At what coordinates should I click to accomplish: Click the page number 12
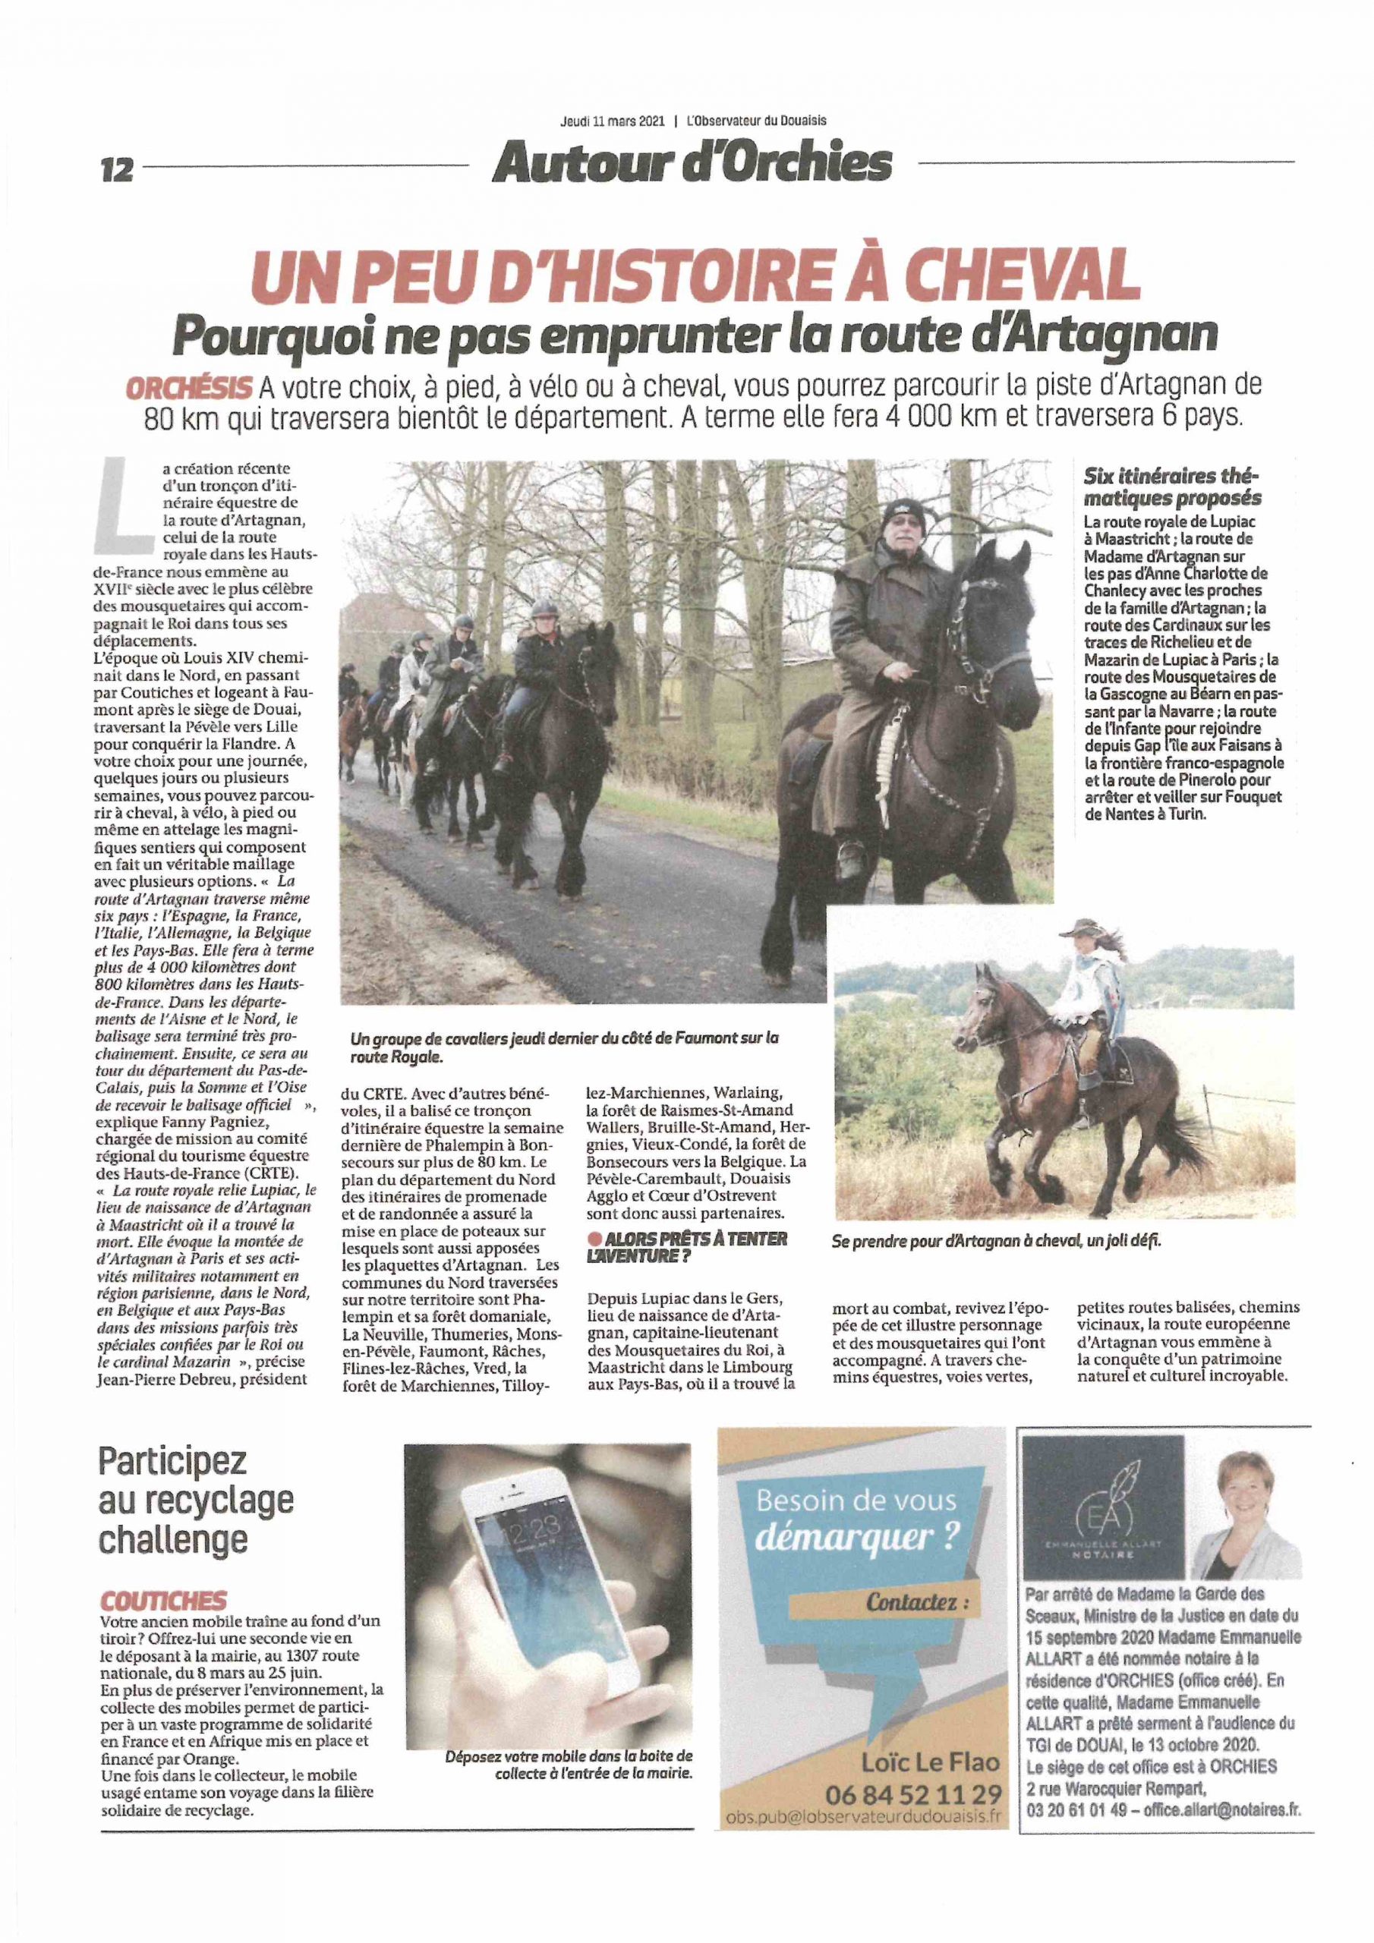pos(117,169)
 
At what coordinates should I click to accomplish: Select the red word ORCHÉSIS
pos(189,388)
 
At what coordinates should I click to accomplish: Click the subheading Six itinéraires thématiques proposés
pos(1171,487)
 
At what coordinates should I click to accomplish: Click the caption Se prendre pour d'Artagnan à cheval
pos(995,1242)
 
